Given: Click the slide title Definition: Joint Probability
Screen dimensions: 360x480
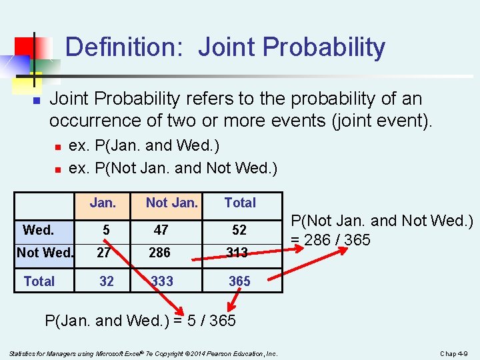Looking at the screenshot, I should [x=225, y=47].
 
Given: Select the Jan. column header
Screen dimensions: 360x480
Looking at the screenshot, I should [x=103, y=203].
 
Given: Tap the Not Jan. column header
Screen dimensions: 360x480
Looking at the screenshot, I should [x=171, y=203].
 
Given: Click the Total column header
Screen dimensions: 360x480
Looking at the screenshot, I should [x=240, y=203].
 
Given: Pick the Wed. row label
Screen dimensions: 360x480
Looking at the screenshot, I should [x=39, y=230].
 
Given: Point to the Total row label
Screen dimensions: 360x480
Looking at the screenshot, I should [x=39, y=281].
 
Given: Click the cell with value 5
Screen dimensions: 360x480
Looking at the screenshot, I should [x=106, y=230].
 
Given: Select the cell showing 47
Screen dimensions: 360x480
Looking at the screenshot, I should [x=161, y=230].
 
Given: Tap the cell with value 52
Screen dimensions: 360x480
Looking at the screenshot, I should [x=239, y=230].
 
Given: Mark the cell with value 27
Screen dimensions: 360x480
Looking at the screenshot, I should [x=103, y=253].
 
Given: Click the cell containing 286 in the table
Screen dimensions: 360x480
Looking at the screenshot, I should [x=159, y=253].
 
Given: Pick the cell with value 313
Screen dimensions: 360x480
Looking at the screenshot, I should [x=237, y=253].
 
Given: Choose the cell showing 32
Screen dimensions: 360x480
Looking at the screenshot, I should [x=106, y=281].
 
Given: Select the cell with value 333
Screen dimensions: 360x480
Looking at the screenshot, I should [x=162, y=281].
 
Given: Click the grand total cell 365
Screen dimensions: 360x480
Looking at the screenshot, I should [x=239, y=281].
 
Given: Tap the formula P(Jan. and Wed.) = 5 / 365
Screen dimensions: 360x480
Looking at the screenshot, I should [x=140, y=321].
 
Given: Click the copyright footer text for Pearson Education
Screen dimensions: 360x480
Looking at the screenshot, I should [x=143, y=353].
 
